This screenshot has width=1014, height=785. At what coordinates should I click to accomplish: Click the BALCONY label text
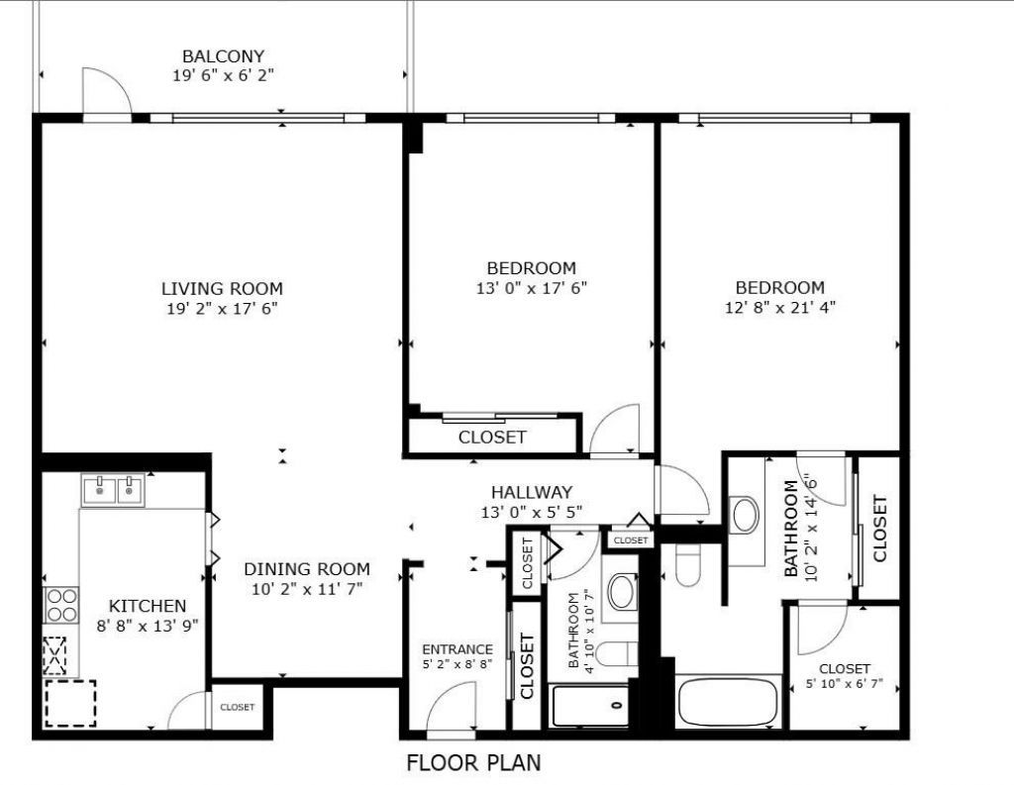point(223,56)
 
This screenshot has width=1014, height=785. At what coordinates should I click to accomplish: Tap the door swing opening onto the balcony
point(105,94)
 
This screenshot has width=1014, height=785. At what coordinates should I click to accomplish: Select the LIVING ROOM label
point(222,289)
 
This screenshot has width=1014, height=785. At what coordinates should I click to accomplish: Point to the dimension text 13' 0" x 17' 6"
point(531,288)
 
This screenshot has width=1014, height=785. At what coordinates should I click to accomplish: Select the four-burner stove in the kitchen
point(61,604)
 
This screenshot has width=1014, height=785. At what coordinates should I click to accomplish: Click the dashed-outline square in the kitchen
point(70,703)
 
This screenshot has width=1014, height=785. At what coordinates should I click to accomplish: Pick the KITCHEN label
point(147,606)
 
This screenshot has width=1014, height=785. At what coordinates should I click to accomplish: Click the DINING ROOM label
point(307,569)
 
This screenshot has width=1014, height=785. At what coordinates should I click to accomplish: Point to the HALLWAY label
point(532,493)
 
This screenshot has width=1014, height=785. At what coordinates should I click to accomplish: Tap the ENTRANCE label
point(456,649)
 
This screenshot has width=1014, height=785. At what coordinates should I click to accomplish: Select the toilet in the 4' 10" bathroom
point(619,655)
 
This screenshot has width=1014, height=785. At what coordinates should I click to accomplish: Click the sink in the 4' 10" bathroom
point(621,592)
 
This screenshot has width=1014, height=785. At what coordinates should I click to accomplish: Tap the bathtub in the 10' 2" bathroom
point(726,702)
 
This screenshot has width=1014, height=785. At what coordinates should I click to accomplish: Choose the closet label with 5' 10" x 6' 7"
point(844,669)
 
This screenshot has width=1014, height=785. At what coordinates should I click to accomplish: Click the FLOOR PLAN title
point(473,763)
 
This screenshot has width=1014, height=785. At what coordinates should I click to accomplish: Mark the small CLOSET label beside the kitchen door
point(237,708)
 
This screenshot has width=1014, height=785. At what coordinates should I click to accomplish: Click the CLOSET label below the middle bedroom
point(492,438)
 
